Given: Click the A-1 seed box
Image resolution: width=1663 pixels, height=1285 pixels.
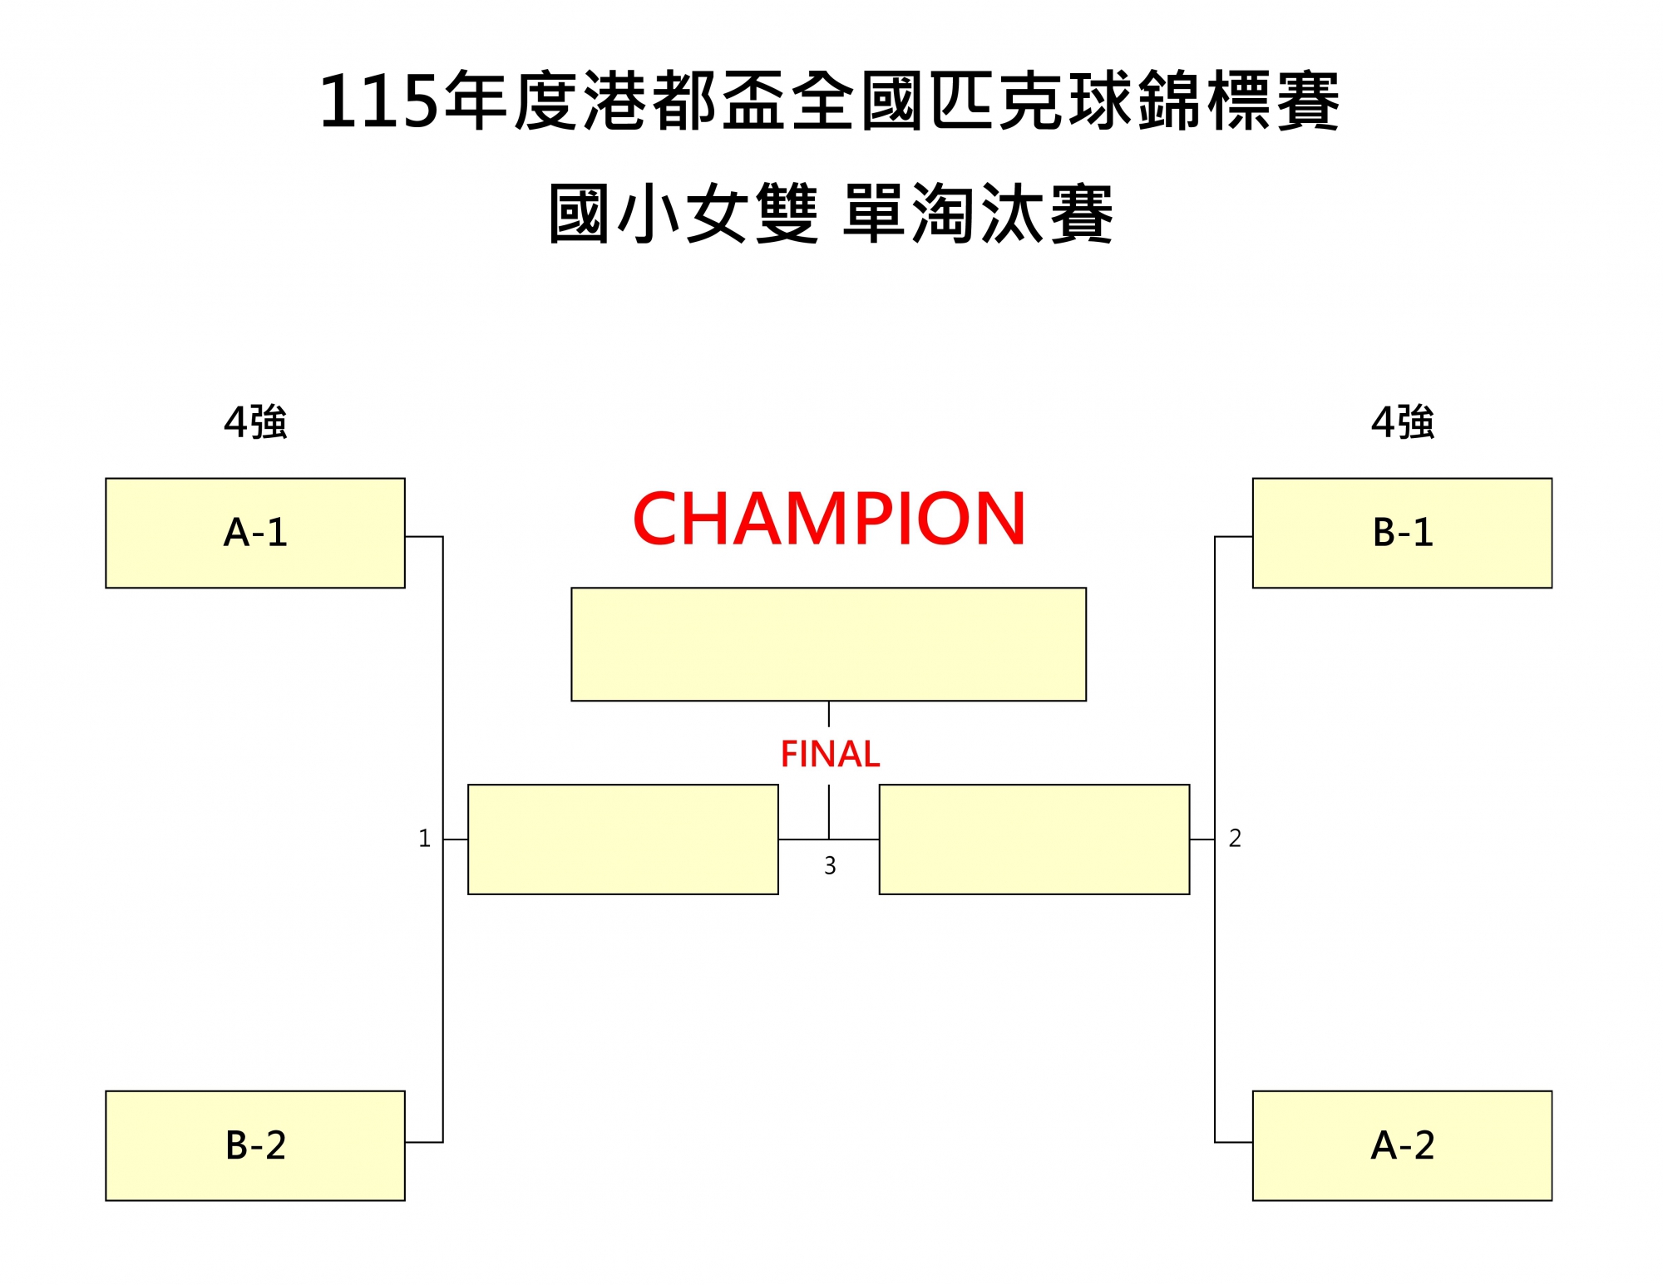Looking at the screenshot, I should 255,533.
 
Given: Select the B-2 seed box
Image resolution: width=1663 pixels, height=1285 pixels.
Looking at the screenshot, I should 255,1145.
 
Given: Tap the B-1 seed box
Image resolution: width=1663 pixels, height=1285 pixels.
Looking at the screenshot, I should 1402,533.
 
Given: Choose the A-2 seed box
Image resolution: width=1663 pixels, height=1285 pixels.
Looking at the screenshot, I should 1402,1145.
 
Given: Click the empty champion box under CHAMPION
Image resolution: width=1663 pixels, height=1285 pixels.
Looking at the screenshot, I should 828,644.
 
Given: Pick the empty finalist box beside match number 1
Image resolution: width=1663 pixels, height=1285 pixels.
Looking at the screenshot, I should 623,839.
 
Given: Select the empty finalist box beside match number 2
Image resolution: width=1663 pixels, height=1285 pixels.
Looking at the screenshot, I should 1034,839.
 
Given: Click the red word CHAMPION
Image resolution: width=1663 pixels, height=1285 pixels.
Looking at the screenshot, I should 829,519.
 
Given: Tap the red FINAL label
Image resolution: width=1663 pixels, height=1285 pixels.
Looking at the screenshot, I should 829,755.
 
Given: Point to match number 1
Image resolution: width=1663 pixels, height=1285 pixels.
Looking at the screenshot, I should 424,838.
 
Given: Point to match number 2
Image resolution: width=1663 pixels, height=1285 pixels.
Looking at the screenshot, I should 1235,838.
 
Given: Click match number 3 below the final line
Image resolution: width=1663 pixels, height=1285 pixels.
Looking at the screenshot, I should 830,866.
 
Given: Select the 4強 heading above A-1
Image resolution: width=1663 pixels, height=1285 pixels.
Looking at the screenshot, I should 255,422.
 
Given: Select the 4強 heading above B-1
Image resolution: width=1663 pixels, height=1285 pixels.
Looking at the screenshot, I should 1402,422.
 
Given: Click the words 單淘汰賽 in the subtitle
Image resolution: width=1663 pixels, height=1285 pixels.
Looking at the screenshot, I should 978,214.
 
